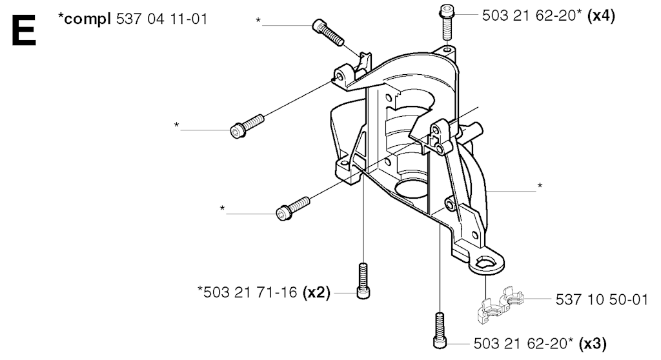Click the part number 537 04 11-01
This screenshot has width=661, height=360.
coord(161,19)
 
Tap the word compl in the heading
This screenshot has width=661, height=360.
coord(88,19)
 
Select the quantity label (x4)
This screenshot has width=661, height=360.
coord(601,15)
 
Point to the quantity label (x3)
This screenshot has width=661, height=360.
coord(593,344)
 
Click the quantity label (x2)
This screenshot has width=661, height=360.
coord(316,292)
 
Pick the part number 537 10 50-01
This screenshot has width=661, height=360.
coord(602,299)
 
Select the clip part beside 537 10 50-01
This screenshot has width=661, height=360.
coord(500,305)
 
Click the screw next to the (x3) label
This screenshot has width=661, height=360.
coord(440,330)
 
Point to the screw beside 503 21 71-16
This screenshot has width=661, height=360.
coord(363,281)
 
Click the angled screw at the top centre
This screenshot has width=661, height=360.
coord(328,32)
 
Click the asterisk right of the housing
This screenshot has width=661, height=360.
coord(540,185)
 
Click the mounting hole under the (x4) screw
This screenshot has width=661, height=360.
coord(447,50)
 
